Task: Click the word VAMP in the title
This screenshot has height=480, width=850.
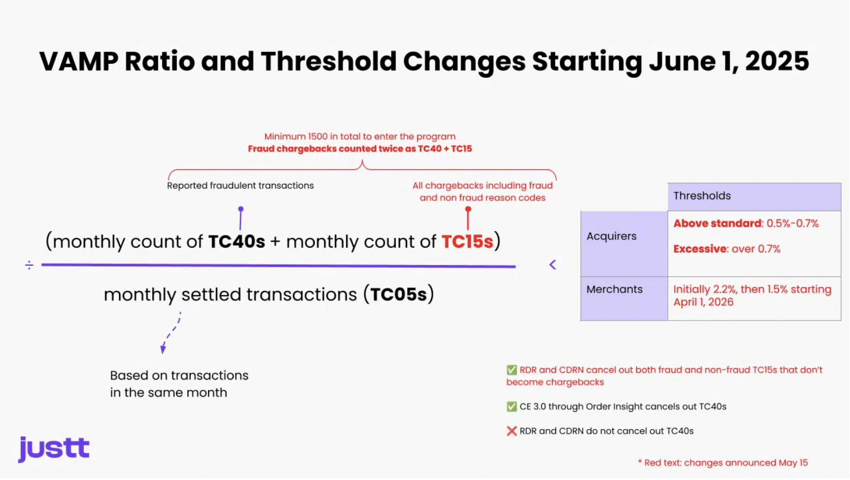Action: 78,61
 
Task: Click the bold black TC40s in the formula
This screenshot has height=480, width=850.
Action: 237,242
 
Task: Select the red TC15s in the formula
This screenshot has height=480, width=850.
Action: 467,242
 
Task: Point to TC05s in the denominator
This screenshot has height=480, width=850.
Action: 398,294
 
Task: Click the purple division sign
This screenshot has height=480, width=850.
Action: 29,265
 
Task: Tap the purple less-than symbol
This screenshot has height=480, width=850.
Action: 552,265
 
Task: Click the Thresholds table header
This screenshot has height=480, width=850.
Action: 702,196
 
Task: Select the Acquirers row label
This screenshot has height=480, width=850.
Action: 611,236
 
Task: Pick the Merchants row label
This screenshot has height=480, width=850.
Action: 615,289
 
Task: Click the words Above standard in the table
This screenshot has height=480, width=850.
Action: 717,223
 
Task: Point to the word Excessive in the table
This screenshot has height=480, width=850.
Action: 700,249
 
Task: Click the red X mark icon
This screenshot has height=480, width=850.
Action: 512,431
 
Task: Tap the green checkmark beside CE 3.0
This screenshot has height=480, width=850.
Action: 512,406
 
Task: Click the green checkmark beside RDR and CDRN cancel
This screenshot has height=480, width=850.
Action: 512,370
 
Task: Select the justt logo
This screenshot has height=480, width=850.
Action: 54,449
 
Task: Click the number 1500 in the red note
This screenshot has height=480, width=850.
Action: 318,137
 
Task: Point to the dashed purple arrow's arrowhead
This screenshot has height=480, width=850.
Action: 163,349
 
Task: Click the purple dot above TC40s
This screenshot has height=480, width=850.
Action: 240,209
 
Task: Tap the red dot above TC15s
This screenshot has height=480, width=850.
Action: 468,209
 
